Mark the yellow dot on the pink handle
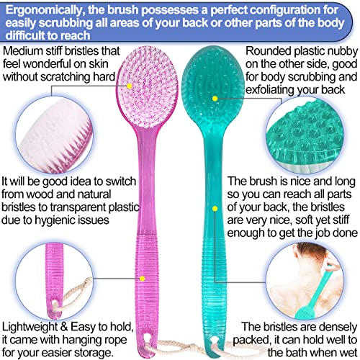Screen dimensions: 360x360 [143, 278]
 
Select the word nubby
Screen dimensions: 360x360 [342, 52]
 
